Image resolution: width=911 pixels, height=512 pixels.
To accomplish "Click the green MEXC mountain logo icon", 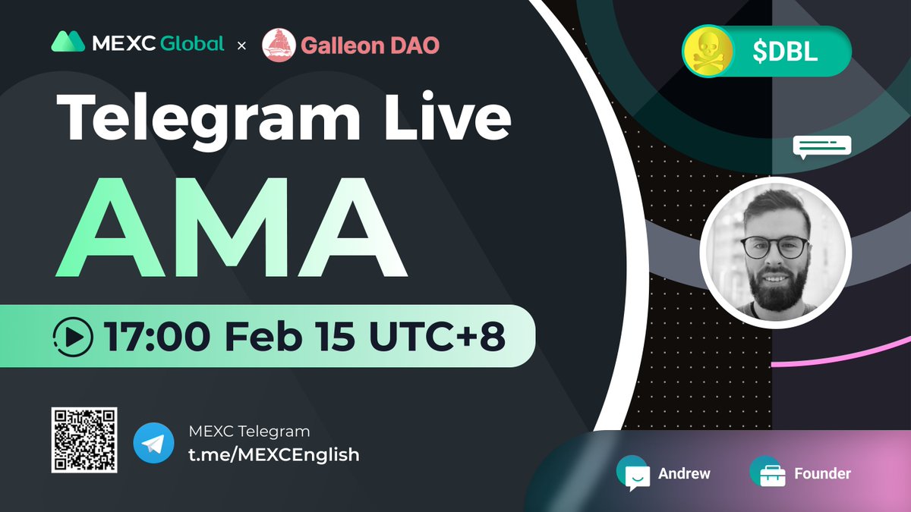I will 68,42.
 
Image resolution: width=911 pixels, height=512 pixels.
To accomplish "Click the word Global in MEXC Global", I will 192,43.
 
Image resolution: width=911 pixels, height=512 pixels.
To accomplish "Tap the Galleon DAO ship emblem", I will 278,45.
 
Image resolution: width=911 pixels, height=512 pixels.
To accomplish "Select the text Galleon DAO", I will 370,46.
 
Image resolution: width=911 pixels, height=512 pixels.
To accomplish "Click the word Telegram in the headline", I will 209,118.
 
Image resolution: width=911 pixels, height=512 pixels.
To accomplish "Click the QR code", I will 84,440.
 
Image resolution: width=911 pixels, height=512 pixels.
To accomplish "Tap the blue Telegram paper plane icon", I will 153,443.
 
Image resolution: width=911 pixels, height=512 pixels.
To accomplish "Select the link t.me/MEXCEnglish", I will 273,454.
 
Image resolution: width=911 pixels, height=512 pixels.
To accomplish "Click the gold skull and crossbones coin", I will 708,52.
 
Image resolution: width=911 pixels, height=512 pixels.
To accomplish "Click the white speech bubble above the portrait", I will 821,146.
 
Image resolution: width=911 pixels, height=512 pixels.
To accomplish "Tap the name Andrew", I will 684,473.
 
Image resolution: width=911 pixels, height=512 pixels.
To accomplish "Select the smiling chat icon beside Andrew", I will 634,473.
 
